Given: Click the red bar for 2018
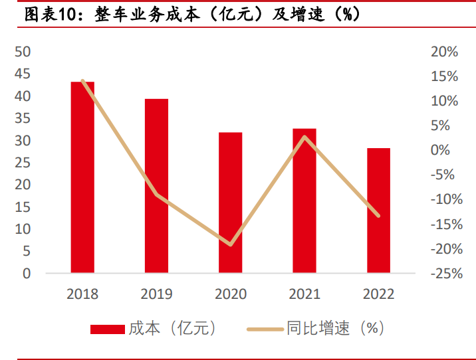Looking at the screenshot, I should click(82, 177).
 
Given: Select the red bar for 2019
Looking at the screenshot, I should click(157, 185).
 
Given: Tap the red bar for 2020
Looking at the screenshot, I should click(231, 202).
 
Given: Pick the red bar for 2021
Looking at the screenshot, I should click(304, 200).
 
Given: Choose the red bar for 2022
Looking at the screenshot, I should click(379, 210).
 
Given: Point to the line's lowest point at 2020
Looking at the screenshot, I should click(231, 244).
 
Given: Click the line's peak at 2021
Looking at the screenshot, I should click(304, 137).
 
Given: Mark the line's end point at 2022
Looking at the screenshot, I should click(379, 215).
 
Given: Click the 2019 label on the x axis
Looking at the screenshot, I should click(157, 294).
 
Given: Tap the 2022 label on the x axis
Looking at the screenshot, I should click(379, 294).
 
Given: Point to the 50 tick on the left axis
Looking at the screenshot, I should click(23, 52).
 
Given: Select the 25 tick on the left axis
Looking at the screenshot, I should click(23, 163).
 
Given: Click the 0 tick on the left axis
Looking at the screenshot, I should click(27, 273).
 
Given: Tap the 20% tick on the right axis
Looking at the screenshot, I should click(443, 52).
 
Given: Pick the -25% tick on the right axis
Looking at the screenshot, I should click(441, 273).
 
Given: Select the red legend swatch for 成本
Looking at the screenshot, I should click(107, 329).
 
